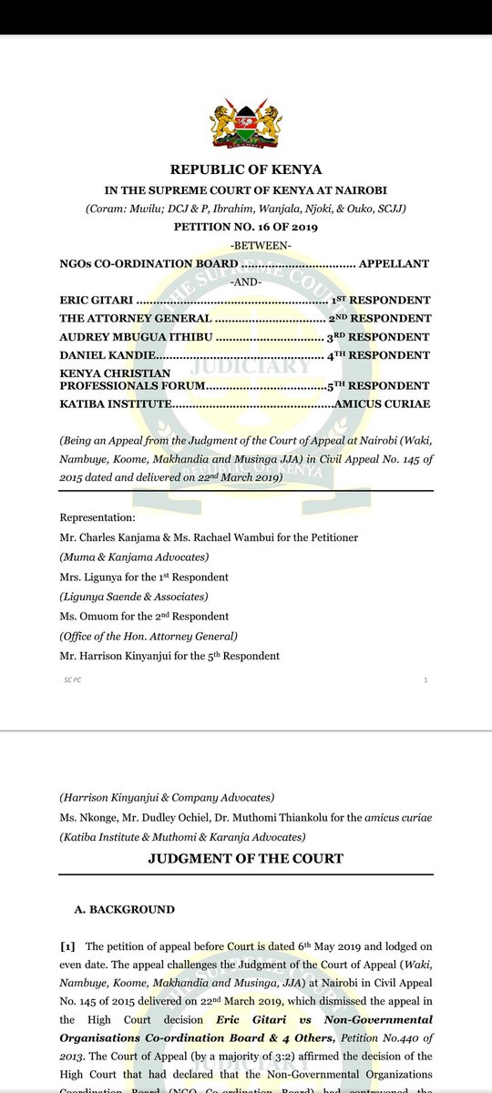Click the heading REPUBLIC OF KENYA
(x=246, y=169)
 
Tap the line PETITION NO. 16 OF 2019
(x=246, y=226)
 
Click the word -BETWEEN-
(x=246, y=245)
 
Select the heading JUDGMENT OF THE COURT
(x=246, y=859)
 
